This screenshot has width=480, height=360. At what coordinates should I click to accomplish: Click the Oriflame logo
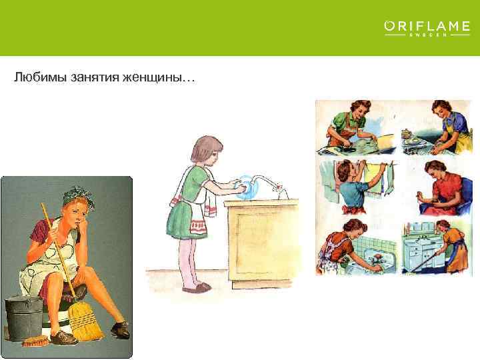pyautogui.click(x=427, y=28)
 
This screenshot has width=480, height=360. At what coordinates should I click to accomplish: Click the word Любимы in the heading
pyautogui.click(x=37, y=79)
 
